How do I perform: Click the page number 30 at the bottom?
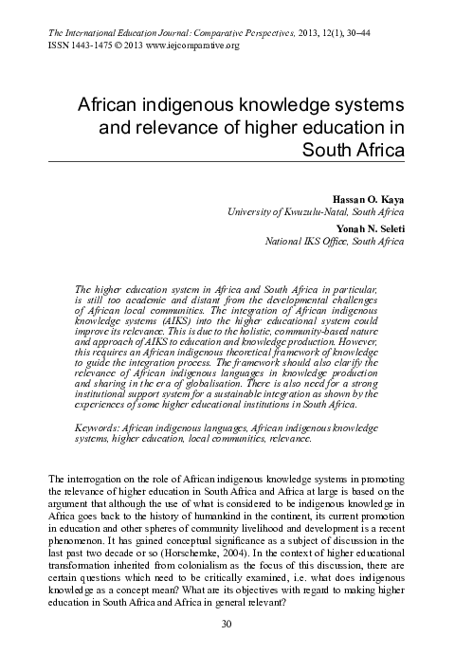[x=226, y=649]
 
